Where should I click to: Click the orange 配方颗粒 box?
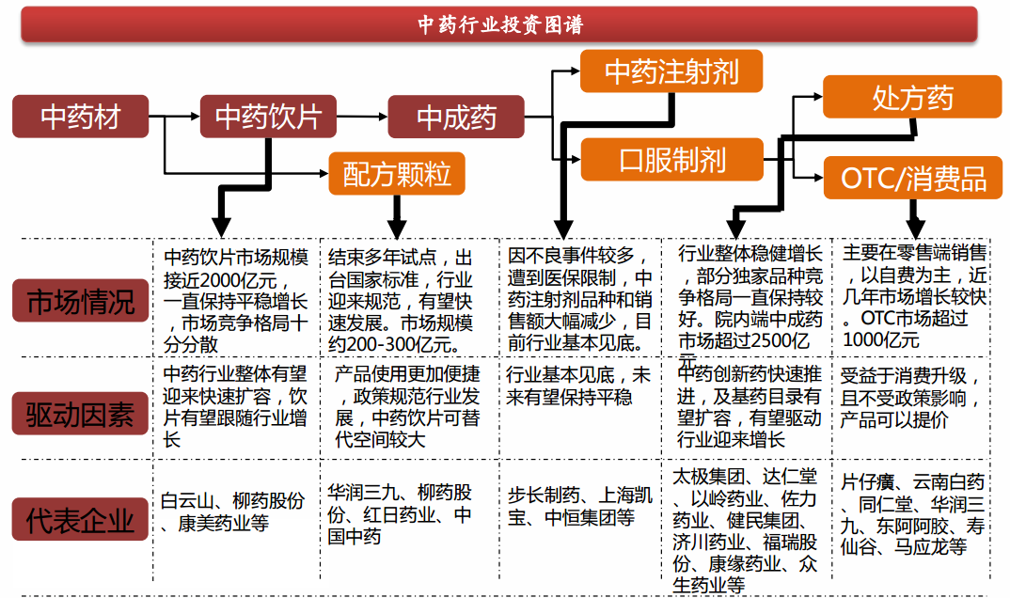397,173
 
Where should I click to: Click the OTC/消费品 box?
912,178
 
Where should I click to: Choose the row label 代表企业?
81,520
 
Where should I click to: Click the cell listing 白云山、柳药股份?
232,511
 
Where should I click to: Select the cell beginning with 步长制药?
579,506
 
